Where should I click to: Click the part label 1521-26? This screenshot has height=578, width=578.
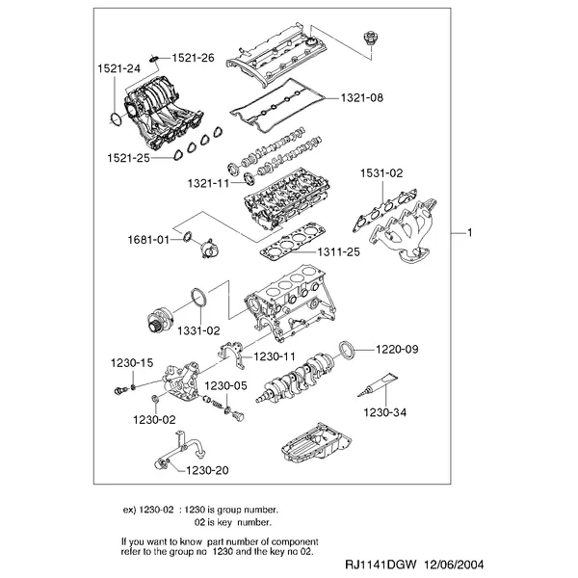point(193,58)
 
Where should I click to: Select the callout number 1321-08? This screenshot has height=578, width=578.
point(361,97)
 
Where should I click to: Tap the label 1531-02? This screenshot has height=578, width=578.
point(381,172)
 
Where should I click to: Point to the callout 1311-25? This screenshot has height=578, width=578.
point(338,252)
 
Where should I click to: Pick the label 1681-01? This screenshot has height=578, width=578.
point(148,240)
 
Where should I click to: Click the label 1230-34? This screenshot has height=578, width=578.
point(384,412)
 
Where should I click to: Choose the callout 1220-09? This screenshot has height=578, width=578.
point(397,349)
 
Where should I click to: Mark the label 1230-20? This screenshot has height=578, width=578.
point(207,470)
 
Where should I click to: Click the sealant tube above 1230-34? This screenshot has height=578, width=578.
point(378,384)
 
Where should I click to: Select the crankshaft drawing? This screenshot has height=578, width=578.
point(296,378)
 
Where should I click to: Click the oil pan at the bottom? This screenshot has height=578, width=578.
point(316,443)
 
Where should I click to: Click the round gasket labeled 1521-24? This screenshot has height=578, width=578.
point(117,119)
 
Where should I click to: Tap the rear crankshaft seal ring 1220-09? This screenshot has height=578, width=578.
point(347,350)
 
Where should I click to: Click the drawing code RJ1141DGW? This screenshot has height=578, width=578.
point(381,565)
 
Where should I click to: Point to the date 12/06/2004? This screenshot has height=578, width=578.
point(455,565)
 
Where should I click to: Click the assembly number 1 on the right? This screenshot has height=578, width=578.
point(470,232)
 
